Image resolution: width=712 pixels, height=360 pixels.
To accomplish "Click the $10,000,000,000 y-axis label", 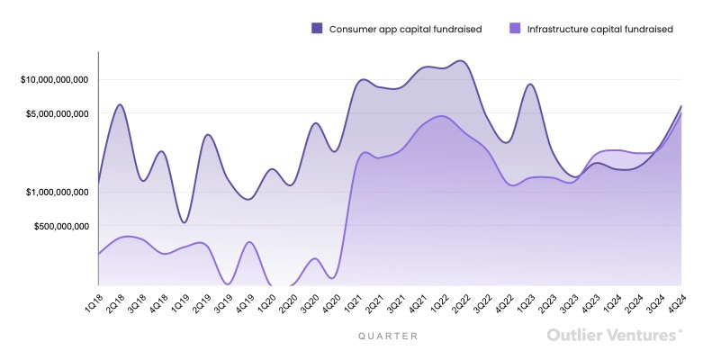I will pos(54,80).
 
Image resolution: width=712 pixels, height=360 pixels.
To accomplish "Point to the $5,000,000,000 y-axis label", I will pos(56,114).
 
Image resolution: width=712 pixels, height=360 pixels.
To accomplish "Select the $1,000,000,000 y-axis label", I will pos(56,192).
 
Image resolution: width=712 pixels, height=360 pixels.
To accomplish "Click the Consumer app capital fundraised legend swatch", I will pos(317,29).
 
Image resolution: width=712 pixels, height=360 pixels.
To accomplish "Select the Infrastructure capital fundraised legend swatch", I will pos(515,29).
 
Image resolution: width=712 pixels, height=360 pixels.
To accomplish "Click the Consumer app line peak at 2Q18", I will pos(120,104).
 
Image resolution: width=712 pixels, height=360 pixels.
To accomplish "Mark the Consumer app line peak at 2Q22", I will pos(462,61).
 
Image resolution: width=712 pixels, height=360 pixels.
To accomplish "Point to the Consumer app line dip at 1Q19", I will pos(185,222).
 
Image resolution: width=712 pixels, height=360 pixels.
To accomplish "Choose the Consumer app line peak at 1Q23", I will pos(530,85).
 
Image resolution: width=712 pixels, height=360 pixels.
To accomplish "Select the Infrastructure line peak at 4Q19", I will pos(249,242).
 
